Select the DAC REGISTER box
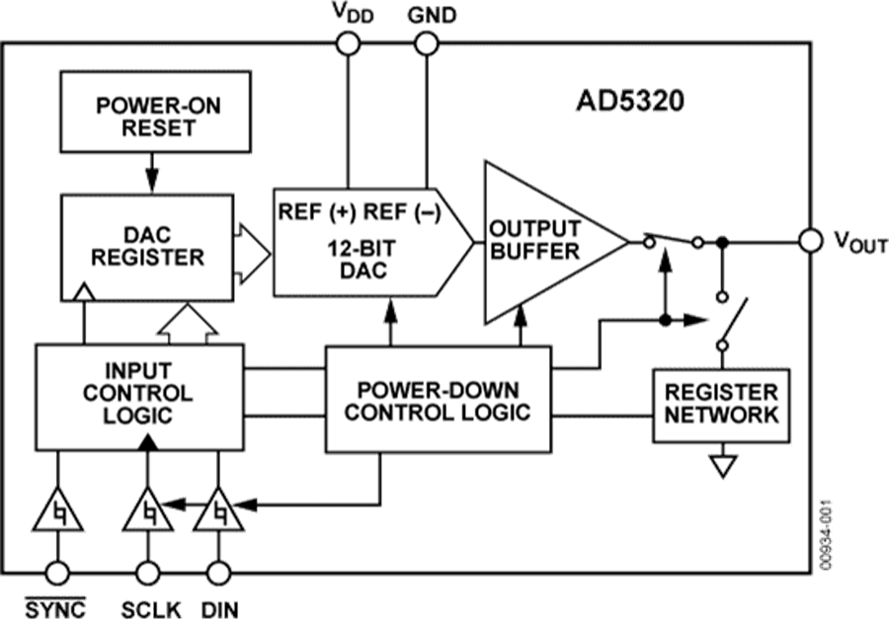148,245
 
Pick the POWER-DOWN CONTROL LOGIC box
438,398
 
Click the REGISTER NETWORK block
720,403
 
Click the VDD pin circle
347,42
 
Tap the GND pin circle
426,42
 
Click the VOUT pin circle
811,240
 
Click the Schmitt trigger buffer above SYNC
59,513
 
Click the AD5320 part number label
629,102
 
